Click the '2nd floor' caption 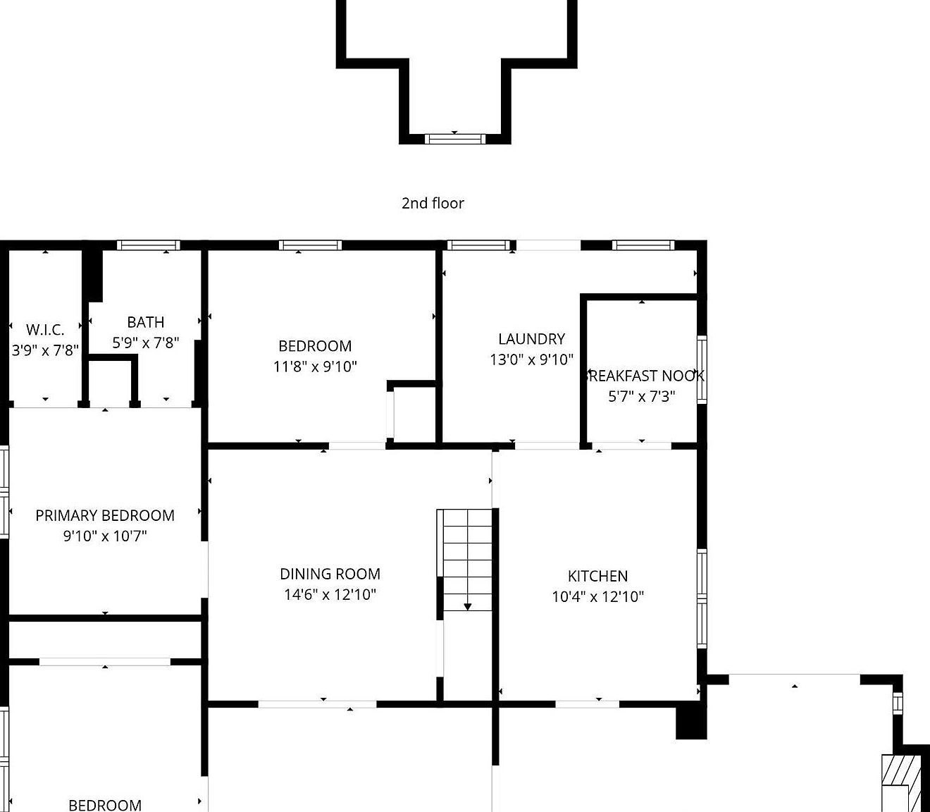(433, 203)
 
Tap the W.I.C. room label (45, 330)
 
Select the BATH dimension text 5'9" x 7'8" (145, 343)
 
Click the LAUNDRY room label (531, 339)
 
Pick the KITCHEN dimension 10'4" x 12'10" (597, 596)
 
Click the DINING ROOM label (330, 574)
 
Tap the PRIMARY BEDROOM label (105, 515)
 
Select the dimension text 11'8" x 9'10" (315, 366)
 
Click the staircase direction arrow (467, 605)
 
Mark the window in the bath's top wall (149, 245)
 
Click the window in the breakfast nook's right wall (702, 369)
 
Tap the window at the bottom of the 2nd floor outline (454, 139)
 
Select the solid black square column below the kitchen (691, 722)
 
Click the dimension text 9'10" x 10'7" (105, 536)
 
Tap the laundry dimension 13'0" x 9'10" (531, 359)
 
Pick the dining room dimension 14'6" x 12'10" (330, 594)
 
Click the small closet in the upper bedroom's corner (414, 413)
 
